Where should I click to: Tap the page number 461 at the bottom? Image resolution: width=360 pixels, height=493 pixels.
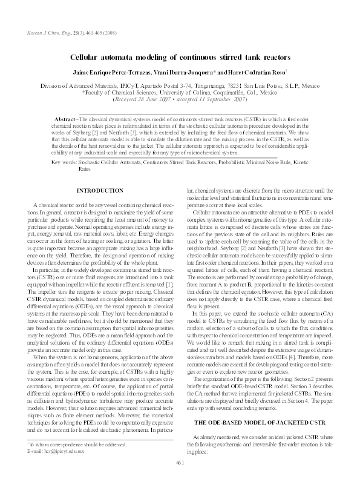pos(179,479)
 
